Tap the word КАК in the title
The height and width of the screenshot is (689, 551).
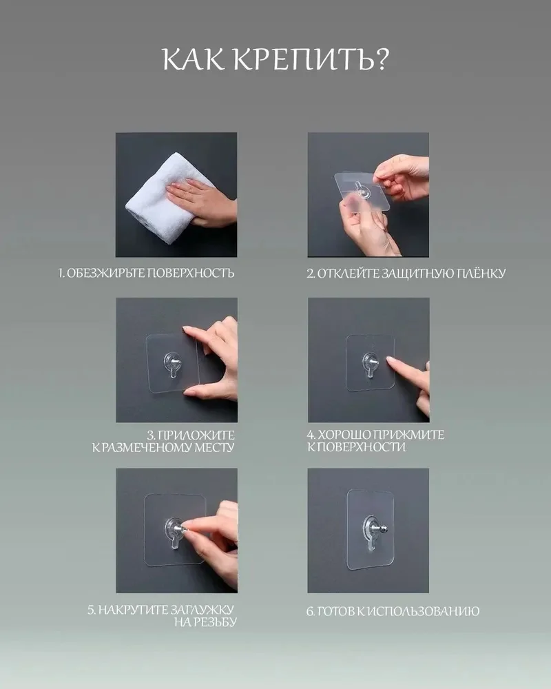194,60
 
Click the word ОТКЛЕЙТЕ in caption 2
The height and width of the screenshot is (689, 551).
348,274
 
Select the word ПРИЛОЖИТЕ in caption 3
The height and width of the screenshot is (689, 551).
196,435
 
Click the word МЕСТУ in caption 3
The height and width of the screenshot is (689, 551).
214,448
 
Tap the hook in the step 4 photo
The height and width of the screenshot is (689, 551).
370,364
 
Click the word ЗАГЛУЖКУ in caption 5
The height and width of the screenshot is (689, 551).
202,610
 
